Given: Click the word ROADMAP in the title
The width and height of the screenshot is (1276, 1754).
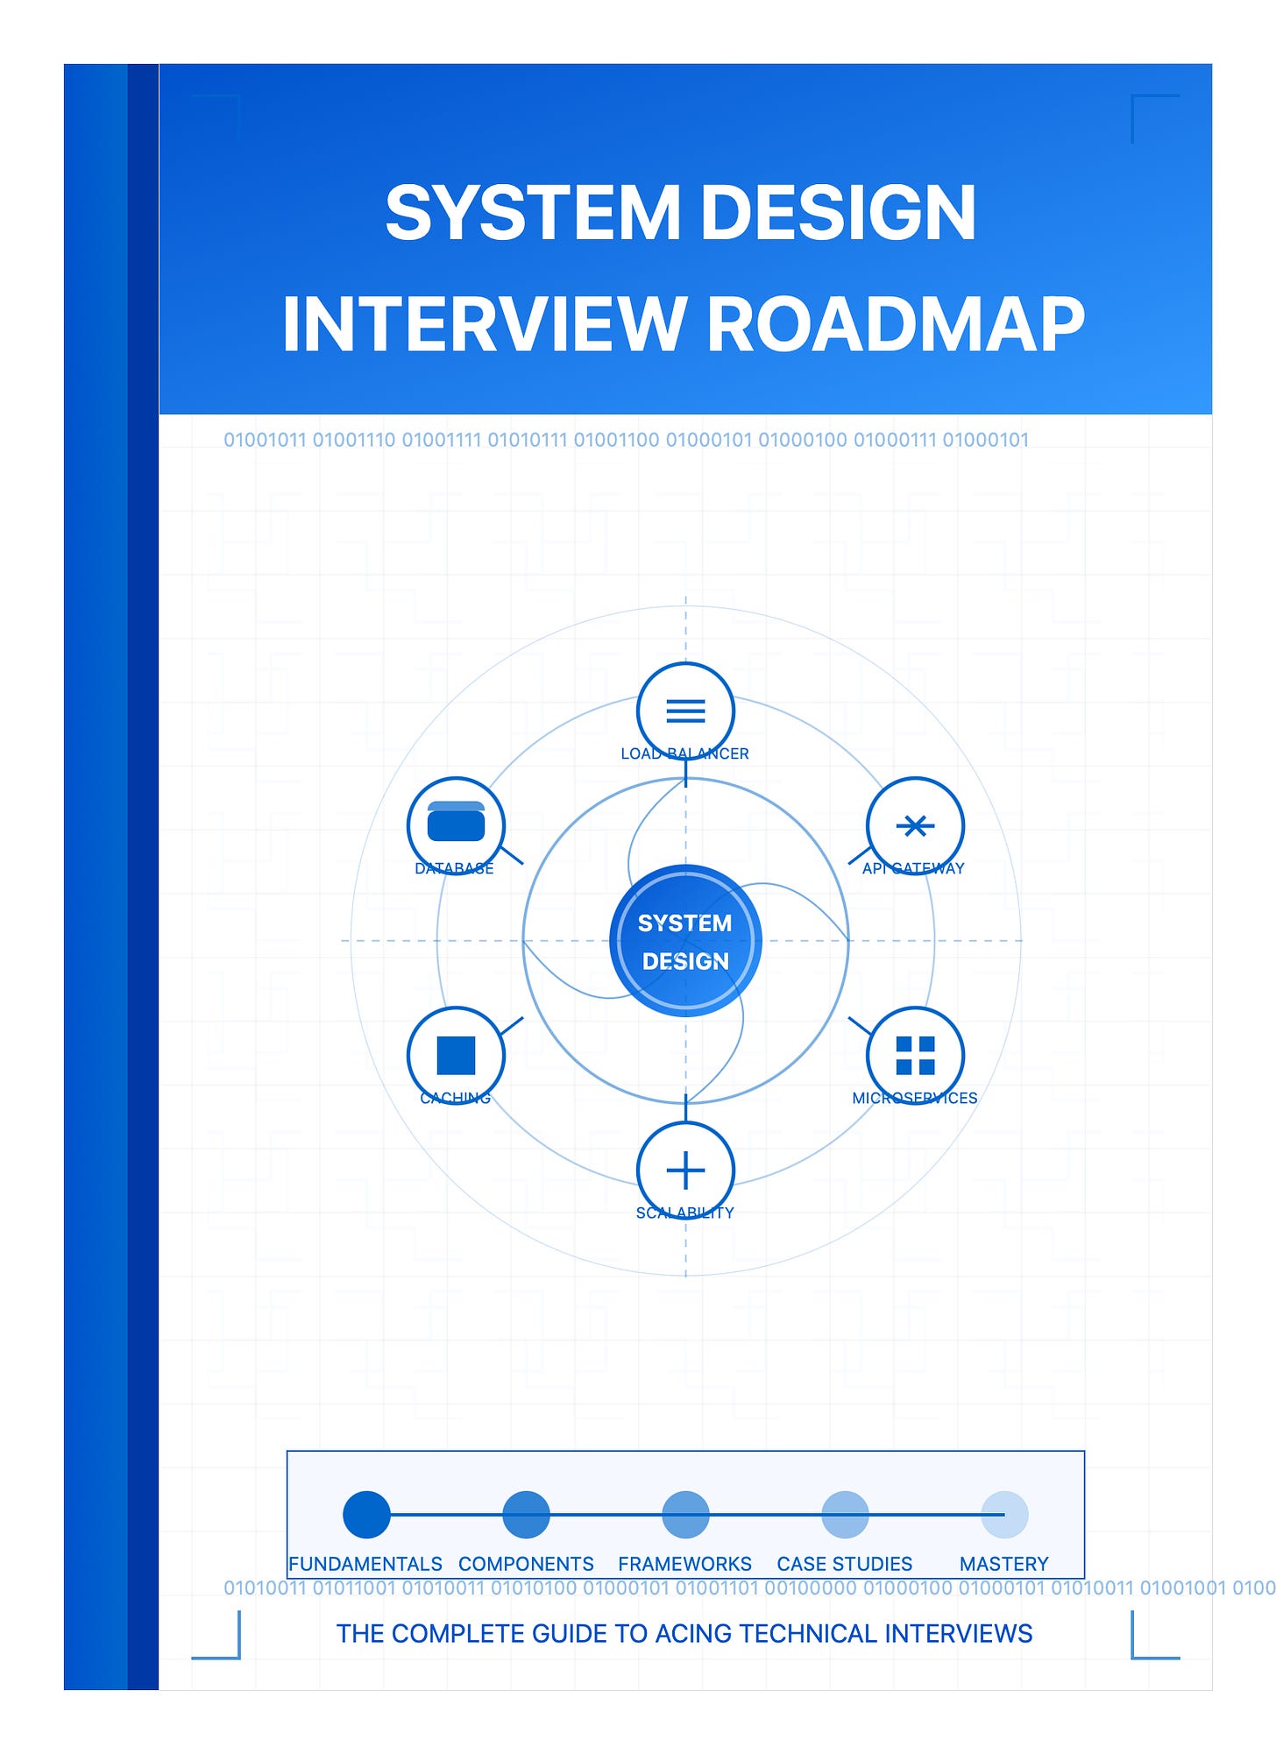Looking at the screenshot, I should coord(895,324).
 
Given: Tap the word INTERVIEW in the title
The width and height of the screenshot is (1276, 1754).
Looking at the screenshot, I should coord(485,324).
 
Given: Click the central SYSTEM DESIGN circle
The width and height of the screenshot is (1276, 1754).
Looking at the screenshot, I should coord(685,941).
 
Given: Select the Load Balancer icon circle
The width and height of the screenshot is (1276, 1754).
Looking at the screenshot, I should coord(685,711).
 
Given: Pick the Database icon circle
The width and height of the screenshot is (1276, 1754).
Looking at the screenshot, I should coord(456,825).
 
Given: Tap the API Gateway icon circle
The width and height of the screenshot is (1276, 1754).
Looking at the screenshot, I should coord(915,825).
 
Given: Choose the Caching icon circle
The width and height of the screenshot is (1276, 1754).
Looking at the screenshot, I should coord(456,1055).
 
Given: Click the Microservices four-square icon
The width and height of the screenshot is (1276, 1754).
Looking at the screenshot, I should coord(915,1055).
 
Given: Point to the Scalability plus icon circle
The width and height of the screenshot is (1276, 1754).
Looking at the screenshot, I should coord(685,1170).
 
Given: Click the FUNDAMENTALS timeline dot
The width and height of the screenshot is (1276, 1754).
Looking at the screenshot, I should coord(366,1514).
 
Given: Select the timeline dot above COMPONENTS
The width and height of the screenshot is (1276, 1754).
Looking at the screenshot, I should coord(526,1514).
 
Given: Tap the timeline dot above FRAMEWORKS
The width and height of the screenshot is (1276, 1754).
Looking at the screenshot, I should coord(685,1514).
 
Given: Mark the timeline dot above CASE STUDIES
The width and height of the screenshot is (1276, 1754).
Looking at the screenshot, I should coord(845,1514).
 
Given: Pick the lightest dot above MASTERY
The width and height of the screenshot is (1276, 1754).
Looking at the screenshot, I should coord(1004,1514).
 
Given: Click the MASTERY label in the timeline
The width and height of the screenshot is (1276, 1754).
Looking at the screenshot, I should coord(1004,1564).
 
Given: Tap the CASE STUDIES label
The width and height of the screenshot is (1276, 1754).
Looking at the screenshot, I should coord(845,1564).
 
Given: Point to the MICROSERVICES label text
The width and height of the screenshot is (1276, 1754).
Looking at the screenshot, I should coord(915,1098).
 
